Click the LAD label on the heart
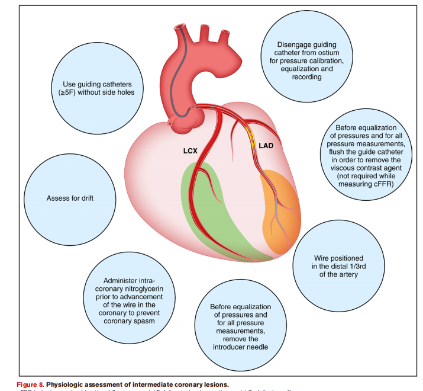pyautogui.click(x=267, y=145)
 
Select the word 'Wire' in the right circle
pyautogui.click(x=322, y=258)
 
